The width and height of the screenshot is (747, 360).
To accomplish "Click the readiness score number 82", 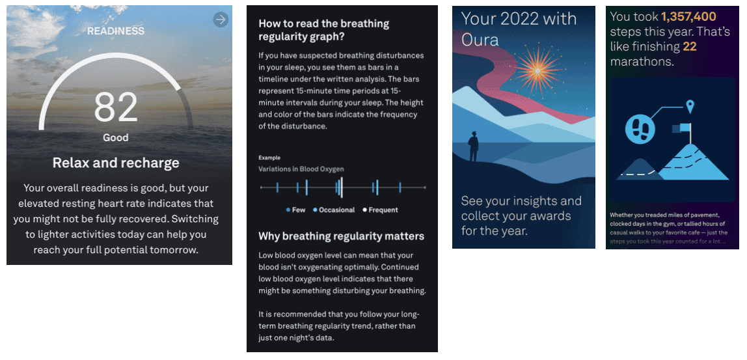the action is pos(116,107).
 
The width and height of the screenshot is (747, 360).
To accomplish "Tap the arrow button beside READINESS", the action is pos(221,20).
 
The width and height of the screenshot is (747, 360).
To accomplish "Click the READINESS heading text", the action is pos(116,31).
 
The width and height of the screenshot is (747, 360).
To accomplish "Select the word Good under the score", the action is pos(116,138).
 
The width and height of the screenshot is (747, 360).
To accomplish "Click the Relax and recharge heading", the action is pos(116,163).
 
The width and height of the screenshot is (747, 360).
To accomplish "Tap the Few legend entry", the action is pos(296,210).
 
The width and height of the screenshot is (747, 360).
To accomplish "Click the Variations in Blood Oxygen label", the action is pos(301,169).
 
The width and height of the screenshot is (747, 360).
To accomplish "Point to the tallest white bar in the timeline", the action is pos(342,187).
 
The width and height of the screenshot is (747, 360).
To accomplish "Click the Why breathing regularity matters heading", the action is pos(341,236).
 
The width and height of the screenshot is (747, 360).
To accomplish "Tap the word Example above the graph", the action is pos(269,158).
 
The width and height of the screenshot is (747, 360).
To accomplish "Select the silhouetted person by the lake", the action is pos(474,146).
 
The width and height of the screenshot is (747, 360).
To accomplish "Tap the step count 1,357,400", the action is pos(688,17).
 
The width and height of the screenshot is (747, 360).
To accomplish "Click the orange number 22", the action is pos(690,47).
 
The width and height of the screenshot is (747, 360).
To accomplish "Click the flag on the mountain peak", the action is pos(681,128).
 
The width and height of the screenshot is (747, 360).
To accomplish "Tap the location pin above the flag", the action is pos(689,106).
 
